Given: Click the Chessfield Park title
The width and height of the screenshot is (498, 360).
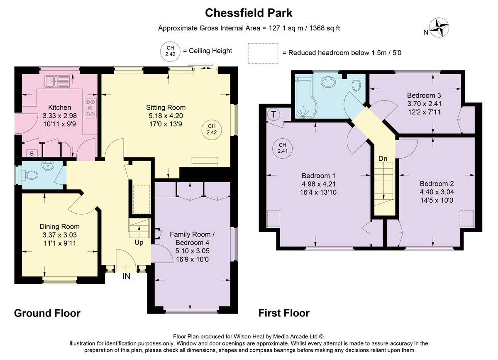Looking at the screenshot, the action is tap(249, 13).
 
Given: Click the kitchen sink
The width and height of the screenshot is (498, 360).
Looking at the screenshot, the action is tap(57, 81).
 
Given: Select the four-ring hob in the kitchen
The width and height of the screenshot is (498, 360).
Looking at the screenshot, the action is tap(90, 108).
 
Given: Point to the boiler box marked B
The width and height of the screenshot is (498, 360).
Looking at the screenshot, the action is tap(32, 153).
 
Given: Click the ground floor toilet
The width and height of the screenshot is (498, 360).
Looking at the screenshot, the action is tap(31, 175).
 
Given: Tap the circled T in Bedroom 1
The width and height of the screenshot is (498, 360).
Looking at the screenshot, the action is tap(273, 115).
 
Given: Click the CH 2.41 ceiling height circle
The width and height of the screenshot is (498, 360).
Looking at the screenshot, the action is tap(282, 148).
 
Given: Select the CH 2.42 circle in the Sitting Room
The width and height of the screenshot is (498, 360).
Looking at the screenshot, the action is tap(211, 130).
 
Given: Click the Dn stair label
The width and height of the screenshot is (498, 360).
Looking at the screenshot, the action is tap(383, 159).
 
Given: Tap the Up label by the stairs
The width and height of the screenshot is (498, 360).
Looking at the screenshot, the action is tap(139, 242).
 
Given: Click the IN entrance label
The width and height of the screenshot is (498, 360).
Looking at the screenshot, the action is tap(126, 277).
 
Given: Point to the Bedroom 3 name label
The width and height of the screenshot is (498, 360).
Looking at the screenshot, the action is tap(424, 96).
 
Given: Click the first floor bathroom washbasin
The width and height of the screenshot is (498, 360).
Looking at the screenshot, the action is tap(329, 82).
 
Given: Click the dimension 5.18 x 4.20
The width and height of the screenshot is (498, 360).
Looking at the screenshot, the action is tap(166, 116).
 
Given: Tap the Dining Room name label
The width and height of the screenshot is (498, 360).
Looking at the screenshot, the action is tap(60, 226).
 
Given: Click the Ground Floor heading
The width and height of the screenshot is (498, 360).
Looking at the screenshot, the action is tap(47, 313).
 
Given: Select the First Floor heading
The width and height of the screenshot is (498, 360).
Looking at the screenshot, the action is tap(284, 313).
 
